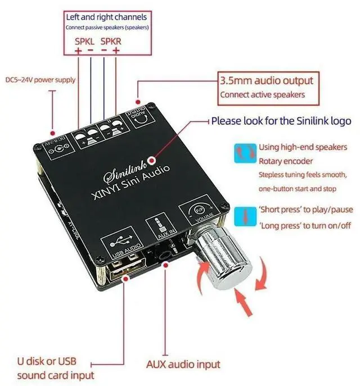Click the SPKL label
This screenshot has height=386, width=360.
85,41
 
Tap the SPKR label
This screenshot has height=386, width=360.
111,41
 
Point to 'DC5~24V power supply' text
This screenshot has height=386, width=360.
40,80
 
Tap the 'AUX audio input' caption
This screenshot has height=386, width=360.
183,364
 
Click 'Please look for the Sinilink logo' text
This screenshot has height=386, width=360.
281,121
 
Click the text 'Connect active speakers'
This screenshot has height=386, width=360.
262,94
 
